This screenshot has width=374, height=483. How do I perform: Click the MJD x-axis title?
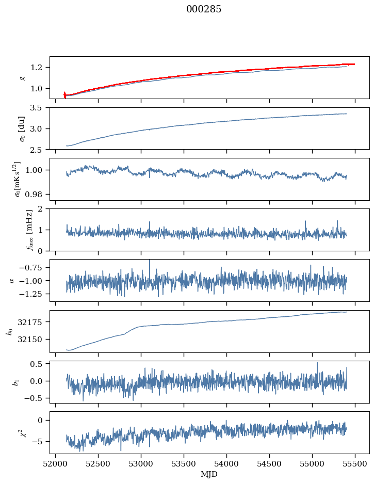coord(209,474)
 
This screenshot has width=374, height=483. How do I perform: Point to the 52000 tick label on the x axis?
coord(56,463)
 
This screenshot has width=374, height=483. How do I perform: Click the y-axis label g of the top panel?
coord(22,77)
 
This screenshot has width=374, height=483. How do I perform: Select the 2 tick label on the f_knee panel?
coord(44,209)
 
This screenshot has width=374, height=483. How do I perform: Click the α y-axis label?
coord(12,280)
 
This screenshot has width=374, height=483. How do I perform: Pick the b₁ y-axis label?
coord(17,382)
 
